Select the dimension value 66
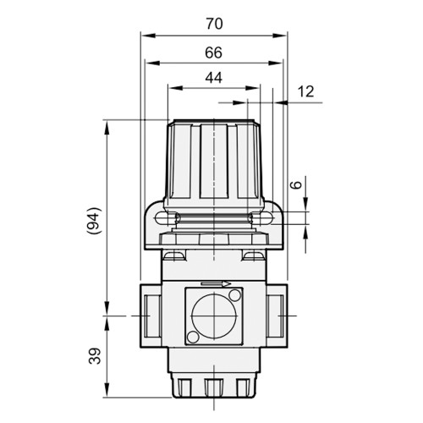coord(213,52)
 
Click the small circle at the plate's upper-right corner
coord(234,294)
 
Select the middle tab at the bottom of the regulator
coord(215,387)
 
